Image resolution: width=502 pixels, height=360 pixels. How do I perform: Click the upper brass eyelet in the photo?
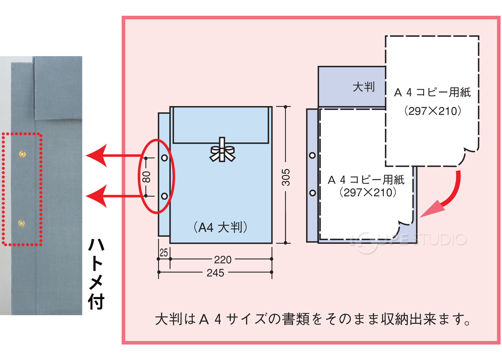point(22,154)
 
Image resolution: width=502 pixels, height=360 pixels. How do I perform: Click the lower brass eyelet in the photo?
point(21,223)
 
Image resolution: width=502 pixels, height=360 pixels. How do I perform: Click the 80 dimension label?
point(146,177)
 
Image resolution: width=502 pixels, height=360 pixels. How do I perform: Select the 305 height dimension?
point(286,177)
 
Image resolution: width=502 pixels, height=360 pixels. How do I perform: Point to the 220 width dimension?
point(223,260)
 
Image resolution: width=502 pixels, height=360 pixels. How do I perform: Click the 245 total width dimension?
point(215,273)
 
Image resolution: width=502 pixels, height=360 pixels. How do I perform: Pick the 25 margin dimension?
point(164,253)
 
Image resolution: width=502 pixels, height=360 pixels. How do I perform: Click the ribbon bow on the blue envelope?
point(222,151)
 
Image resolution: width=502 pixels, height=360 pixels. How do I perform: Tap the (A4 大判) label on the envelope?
point(220,227)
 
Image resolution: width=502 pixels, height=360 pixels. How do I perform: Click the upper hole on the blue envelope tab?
point(164,158)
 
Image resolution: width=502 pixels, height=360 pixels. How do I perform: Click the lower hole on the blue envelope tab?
point(164,196)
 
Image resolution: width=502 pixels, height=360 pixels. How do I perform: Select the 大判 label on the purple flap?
point(364,87)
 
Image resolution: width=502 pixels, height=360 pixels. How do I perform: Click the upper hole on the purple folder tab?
point(312,155)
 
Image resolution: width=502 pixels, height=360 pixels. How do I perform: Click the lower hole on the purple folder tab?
point(312,193)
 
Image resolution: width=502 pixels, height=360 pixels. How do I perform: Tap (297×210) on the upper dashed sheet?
point(433,111)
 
